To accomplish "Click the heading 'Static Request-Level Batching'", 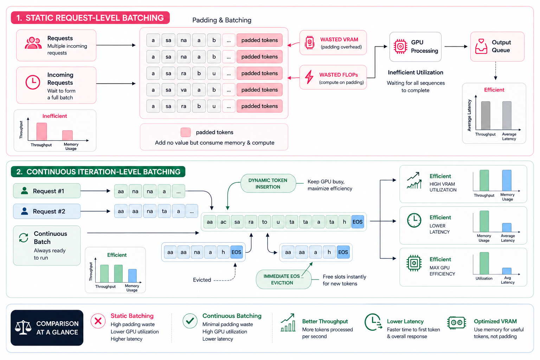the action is click(90, 18).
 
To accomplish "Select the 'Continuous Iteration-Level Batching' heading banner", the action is click(98, 172).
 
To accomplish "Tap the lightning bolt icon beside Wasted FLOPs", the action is click(309, 77).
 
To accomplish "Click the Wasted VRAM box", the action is click(333, 43).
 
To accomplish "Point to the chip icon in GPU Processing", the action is click(400, 46).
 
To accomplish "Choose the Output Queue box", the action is click(497, 46).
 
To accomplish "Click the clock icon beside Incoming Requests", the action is click(33, 82).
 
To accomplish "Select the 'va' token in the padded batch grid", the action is click(184, 90).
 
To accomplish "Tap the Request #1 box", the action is click(47, 191).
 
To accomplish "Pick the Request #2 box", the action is click(47, 212).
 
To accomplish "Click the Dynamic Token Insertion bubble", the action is click(268, 184).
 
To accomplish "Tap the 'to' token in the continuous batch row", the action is click(264, 222).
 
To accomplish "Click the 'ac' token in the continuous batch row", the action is click(224, 222).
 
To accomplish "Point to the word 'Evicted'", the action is click(202, 280).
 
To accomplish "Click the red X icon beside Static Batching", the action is click(98, 321).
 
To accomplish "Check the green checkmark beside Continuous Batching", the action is click(190, 321).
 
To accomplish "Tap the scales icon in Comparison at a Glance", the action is click(23, 327).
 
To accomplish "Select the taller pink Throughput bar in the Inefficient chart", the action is click(42, 131).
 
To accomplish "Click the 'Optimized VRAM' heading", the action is click(495, 321).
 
